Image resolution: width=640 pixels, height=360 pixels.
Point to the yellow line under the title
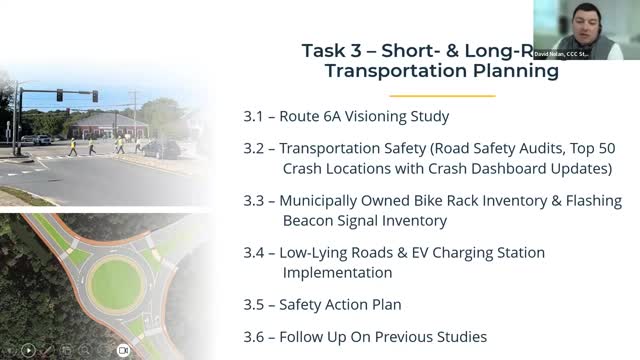[441, 96]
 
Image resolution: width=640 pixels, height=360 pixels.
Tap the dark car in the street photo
[160, 148]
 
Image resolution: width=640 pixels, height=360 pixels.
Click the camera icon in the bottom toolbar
[124, 350]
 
